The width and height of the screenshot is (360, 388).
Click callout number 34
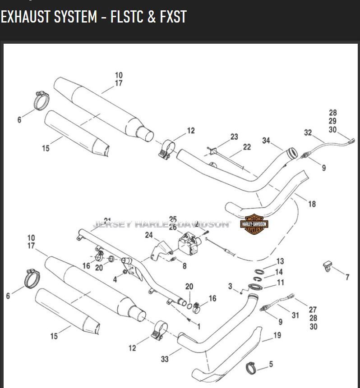point(266,141)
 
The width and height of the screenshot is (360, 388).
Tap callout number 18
point(312,204)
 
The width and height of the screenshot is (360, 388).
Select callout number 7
point(347,277)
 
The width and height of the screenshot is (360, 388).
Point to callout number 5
point(271,364)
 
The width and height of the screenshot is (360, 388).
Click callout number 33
point(165,359)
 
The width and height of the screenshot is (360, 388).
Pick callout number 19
point(277,335)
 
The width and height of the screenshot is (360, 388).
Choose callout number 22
point(247,147)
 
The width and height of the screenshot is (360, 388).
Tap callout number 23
point(234,137)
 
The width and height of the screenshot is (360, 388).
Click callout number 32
point(308,133)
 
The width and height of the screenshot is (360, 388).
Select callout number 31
point(295,315)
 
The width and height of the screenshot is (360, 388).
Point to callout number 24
point(149,235)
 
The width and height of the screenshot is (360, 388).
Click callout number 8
point(184,266)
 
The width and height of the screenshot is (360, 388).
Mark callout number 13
point(280,261)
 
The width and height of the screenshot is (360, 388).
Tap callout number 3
point(230,286)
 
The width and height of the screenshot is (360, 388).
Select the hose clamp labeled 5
point(251,368)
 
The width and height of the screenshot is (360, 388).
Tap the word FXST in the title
point(173,17)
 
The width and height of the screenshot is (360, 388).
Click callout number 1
point(198,326)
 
